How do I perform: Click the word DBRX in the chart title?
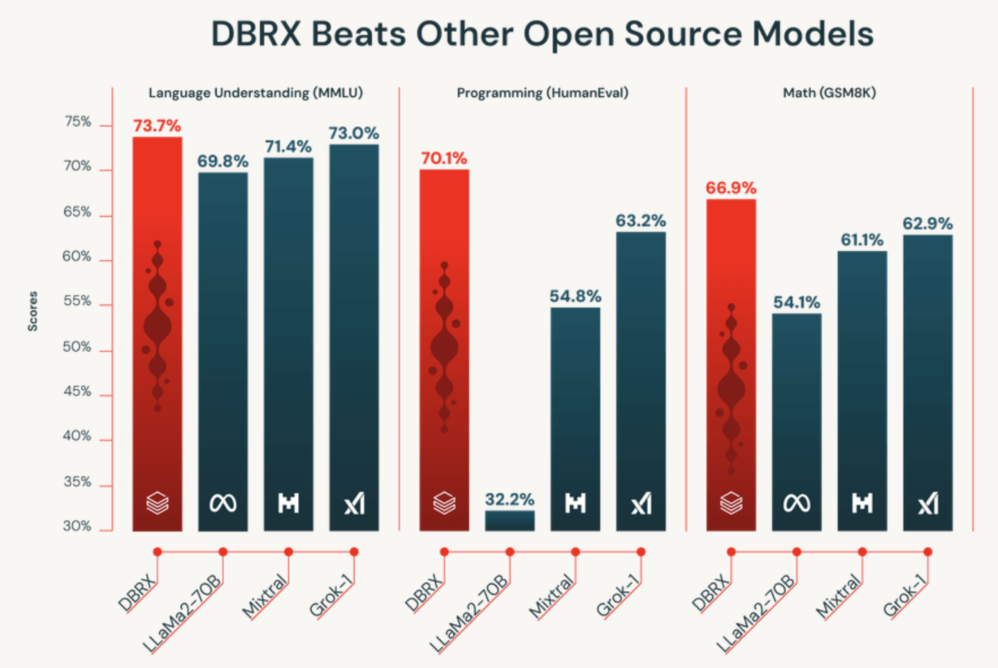point(256,34)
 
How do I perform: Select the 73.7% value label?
point(157,126)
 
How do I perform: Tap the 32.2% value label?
point(509,499)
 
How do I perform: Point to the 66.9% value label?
point(730,188)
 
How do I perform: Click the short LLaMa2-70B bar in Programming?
point(509,521)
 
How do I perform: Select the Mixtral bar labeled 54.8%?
point(575,416)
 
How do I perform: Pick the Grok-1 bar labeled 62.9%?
point(927,382)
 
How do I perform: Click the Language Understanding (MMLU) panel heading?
point(256,93)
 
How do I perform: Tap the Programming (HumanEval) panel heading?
point(542,93)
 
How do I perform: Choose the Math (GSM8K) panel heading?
point(829,93)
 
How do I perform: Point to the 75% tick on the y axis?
point(78,122)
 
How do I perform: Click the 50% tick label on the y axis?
point(77,347)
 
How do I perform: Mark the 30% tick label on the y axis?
point(77,526)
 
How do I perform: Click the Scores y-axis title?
point(33,311)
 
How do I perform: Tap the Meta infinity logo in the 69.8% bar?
point(222,503)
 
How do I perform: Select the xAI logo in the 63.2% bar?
point(641,503)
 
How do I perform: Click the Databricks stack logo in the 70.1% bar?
point(444,503)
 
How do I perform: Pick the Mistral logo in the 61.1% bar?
point(861,503)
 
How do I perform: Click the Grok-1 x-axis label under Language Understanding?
point(331,597)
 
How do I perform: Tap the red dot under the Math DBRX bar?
point(730,552)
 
